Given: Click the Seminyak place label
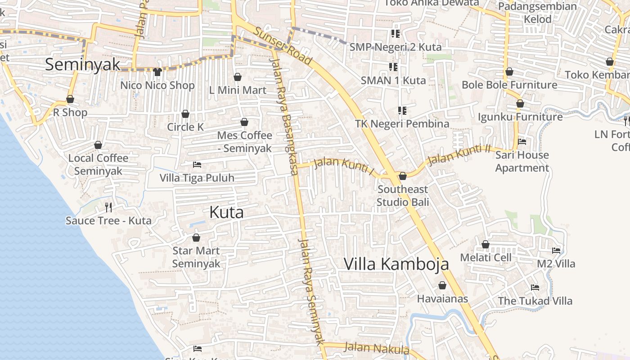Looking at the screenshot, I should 83,64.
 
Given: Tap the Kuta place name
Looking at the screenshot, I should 227,212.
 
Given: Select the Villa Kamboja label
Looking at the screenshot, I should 396,264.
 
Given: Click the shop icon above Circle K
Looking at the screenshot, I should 185,114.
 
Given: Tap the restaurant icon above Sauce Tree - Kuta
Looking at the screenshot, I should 108,207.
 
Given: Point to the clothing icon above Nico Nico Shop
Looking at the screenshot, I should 157,72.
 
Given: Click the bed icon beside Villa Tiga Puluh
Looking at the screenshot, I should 197,165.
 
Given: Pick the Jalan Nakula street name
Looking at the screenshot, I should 376,348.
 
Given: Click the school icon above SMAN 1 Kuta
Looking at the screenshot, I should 393,67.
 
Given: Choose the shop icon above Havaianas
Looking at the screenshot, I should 442,286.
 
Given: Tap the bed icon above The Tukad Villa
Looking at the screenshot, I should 535,288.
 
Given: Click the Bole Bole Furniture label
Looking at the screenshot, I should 509,85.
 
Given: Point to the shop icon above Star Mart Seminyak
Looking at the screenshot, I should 196,238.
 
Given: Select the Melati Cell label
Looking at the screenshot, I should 486,258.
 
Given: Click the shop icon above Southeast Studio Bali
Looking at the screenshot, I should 403,176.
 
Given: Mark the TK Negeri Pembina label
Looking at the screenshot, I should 402,124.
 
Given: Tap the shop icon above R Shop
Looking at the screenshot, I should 70,99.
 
